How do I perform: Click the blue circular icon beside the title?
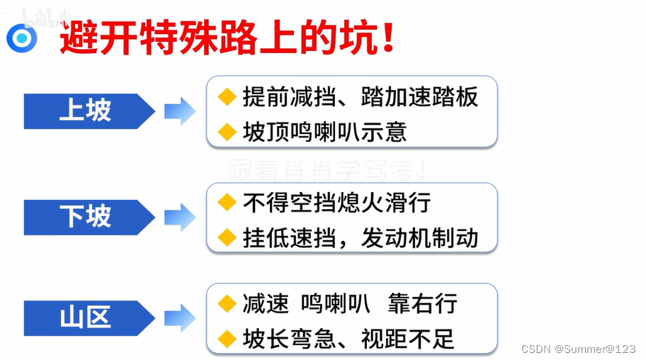[22, 37]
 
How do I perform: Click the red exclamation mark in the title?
[387, 37]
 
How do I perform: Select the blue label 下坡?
[86, 217]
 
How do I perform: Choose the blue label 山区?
[86, 317]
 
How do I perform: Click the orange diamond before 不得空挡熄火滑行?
[227, 203]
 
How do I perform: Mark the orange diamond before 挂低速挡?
[227, 237]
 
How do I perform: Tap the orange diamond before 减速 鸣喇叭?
[227, 304]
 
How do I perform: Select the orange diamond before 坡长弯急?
[227, 338]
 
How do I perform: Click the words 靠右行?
[422, 304]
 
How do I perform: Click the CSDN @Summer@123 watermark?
[578, 349]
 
